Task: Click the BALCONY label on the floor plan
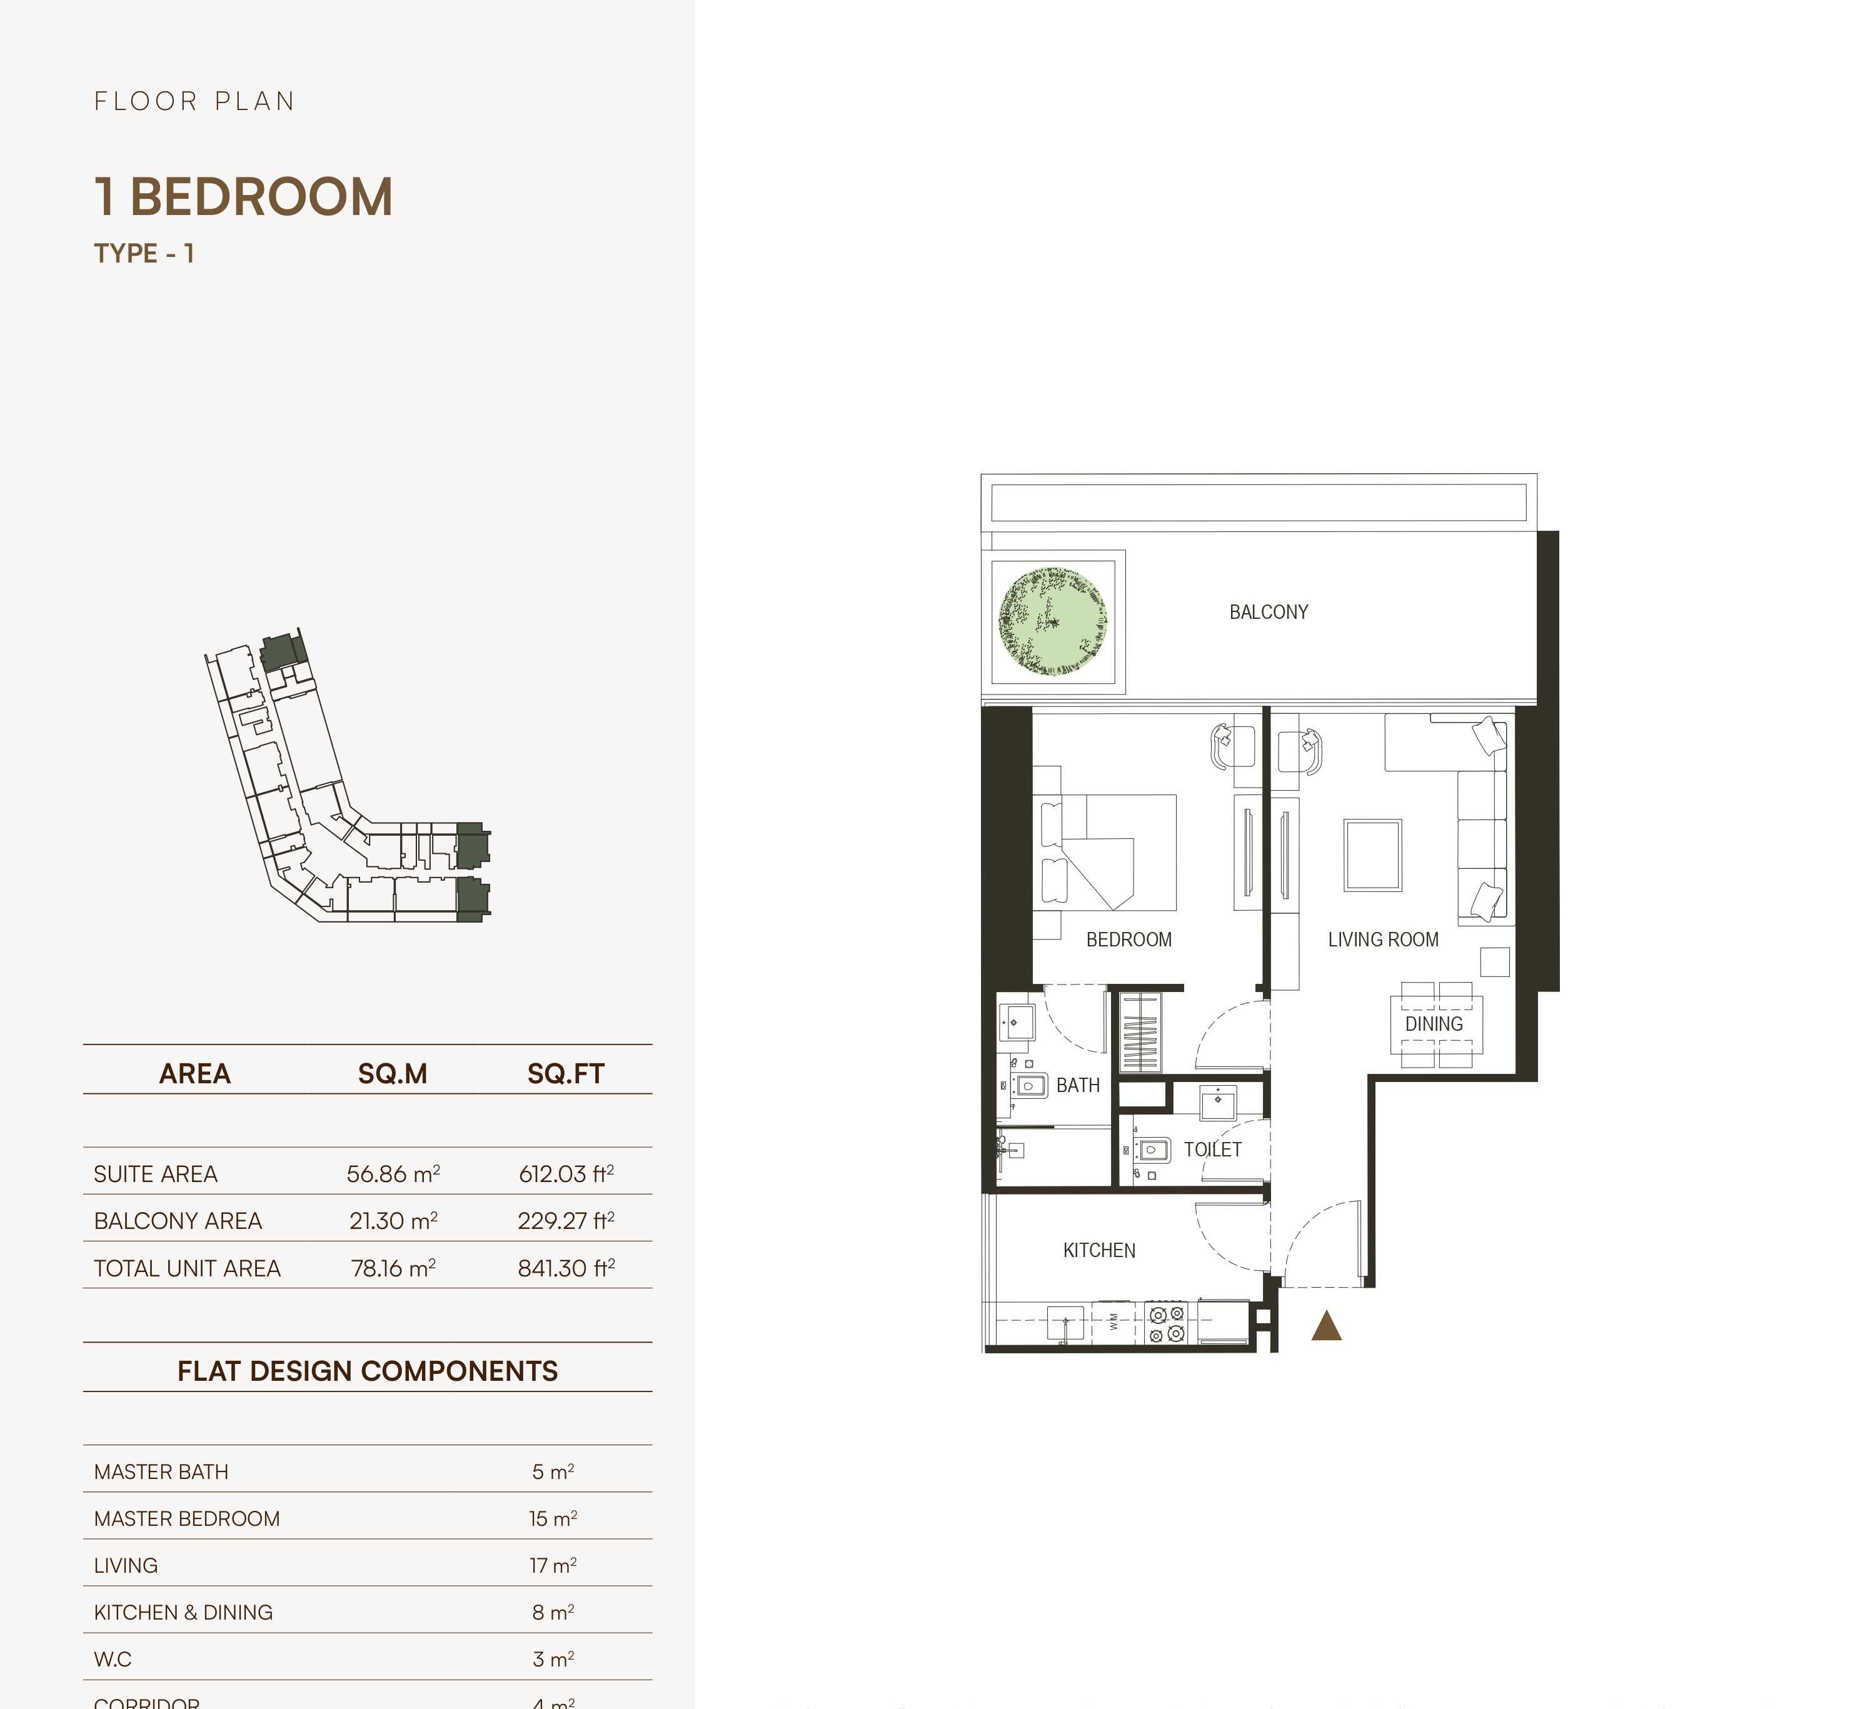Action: pos(1268,612)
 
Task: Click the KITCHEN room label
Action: pos(1098,1250)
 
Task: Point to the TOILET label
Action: pos(1212,1149)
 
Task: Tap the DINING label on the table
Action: pos(1433,1024)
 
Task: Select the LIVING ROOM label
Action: pos(1382,940)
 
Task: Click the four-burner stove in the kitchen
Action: pos(1166,1323)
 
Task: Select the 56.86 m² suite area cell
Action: pos(393,1174)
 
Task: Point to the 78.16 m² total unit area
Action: pos(393,1268)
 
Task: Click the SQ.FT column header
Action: pos(566,1074)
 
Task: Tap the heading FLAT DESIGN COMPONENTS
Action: pos(368,1371)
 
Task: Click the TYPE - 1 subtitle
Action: pos(144,253)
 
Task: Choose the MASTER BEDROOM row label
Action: pos(186,1519)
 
